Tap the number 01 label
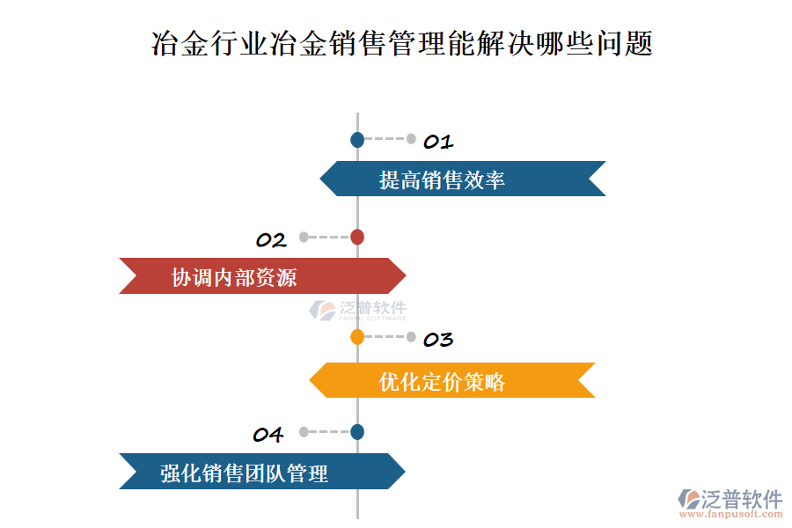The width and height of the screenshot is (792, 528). (438, 142)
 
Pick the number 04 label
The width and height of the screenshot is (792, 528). (268, 435)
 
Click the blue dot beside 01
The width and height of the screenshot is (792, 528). (357, 139)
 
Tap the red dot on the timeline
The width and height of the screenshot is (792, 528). (357, 237)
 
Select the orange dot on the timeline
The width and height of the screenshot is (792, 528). (357, 336)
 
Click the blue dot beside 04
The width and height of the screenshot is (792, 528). (357, 432)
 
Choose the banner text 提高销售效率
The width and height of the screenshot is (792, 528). (442, 180)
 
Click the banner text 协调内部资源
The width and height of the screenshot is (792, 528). (234, 278)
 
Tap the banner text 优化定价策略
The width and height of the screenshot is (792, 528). (442, 382)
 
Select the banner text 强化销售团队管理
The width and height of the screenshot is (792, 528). (244, 473)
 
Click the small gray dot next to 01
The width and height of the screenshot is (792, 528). (411, 138)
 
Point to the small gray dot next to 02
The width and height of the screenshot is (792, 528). (304, 237)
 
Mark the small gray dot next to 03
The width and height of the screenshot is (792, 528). (411, 336)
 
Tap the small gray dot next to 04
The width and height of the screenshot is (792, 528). (304, 432)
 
